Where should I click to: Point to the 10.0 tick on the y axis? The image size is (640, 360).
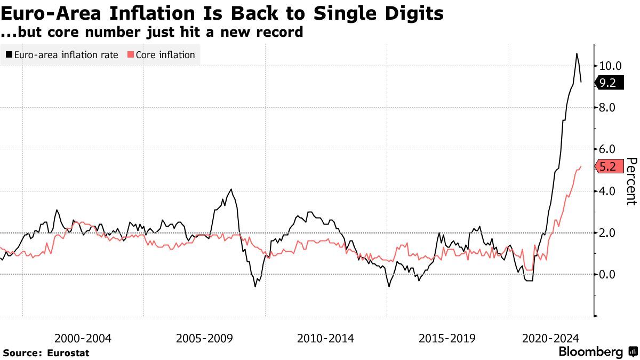(x=610, y=66)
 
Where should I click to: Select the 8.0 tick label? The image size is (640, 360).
(x=607, y=108)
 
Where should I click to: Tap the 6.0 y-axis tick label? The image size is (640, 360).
(x=607, y=149)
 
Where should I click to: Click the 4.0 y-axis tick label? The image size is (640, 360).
(x=607, y=191)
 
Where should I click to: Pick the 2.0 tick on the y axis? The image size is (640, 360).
(x=607, y=233)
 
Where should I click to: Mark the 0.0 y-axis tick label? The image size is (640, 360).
(x=607, y=274)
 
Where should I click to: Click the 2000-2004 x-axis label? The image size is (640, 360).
(x=83, y=338)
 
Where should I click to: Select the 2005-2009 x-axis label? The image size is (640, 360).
(x=204, y=338)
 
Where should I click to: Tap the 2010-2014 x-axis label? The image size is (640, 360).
(x=325, y=338)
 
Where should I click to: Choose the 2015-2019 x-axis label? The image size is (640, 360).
(x=447, y=338)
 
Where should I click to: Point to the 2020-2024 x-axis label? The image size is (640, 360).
(x=551, y=338)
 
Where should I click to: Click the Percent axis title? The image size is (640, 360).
(x=631, y=181)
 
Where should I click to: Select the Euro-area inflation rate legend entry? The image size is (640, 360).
(x=62, y=55)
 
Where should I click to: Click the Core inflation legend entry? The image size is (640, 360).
(x=161, y=55)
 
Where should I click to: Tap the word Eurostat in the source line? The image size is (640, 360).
(x=68, y=353)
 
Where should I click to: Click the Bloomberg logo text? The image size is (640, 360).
(x=590, y=352)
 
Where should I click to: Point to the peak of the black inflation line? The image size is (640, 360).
(x=577, y=53)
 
